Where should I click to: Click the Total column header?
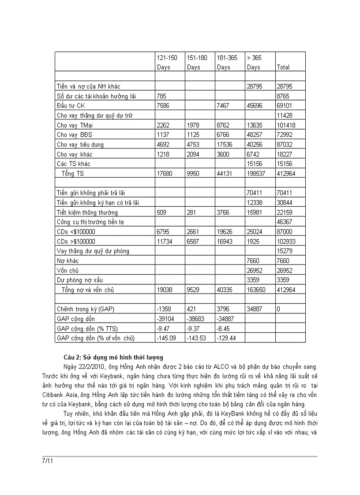coord(283,67)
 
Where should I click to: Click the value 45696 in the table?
coord(254,106)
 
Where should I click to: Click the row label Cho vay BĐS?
coord(75,135)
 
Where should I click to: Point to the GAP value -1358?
coord(164,309)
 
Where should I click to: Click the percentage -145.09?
coord(166,338)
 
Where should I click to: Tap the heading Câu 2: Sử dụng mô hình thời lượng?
coord(113,357)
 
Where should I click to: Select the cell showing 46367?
coord(284,222)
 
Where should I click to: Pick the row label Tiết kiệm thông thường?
coord(87,212)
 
